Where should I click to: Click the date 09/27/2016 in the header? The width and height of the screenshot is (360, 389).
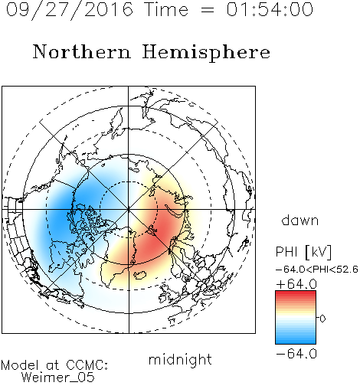(x=70, y=10)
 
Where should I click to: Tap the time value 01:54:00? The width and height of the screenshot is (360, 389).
(x=270, y=9)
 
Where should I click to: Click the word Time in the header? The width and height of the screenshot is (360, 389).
(x=166, y=9)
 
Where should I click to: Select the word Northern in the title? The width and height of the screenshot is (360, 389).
(x=82, y=51)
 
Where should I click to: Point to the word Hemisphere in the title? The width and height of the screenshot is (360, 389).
(x=206, y=53)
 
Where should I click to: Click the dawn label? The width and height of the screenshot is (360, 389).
(x=300, y=220)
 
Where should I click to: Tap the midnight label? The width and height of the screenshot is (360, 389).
(x=180, y=359)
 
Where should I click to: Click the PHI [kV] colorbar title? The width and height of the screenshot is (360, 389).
(x=303, y=252)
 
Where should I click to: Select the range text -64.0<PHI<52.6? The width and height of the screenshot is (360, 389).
(x=317, y=270)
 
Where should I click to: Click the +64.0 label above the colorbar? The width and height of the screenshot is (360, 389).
(x=296, y=284)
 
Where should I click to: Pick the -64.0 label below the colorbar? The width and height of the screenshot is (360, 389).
(x=296, y=354)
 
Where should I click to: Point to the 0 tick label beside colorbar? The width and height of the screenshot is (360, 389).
(x=322, y=319)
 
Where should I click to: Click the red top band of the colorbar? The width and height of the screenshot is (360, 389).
(x=296, y=294)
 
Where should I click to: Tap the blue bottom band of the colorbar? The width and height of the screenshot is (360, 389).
(x=296, y=340)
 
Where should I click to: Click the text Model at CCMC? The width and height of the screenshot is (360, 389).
(x=54, y=365)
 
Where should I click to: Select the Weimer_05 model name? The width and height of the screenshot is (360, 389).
(x=58, y=377)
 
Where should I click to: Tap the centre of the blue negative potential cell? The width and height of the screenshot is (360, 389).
(x=71, y=209)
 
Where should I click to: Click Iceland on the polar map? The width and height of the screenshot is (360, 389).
(x=140, y=275)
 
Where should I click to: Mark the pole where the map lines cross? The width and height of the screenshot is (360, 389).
(x=129, y=209)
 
